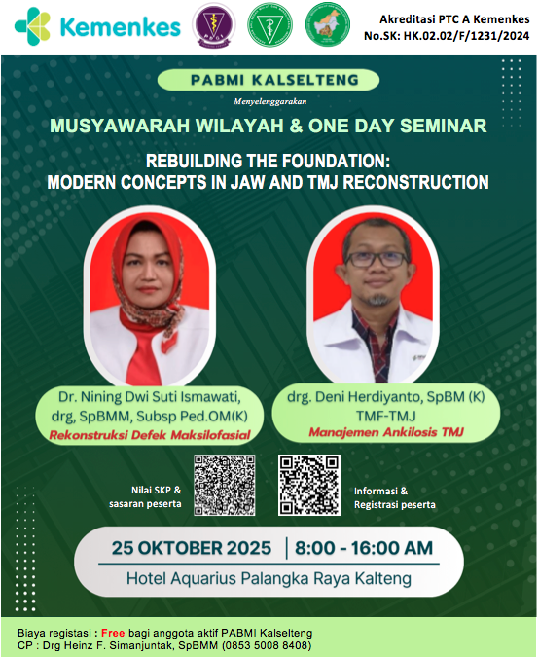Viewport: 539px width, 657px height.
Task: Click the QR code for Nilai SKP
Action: (225, 484)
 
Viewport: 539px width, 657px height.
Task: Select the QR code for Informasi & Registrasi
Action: (310, 484)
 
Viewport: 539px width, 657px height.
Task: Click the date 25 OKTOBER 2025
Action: (193, 549)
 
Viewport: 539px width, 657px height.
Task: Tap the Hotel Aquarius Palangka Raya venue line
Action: (269, 578)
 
